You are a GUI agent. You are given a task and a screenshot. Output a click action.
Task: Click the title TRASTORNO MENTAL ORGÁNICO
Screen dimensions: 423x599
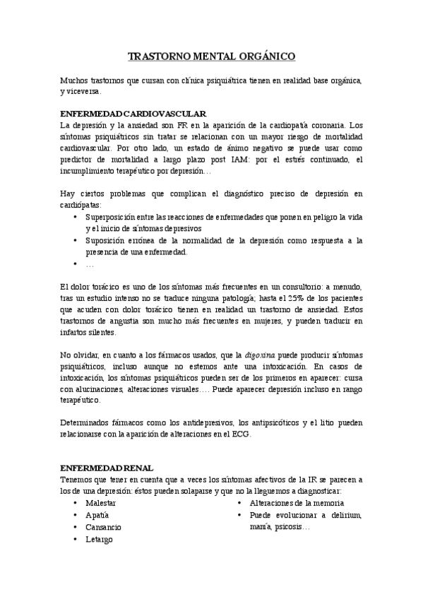pos(211,55)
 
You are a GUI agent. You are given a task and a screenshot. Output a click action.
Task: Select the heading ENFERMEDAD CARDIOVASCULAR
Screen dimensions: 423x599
pos(133,113)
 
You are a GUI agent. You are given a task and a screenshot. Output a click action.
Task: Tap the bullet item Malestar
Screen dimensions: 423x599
pos(101,502)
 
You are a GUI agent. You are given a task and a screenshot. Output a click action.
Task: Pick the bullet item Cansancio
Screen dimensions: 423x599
pos(103,527)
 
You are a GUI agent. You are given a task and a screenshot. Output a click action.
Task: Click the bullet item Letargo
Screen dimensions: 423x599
pos(100,539)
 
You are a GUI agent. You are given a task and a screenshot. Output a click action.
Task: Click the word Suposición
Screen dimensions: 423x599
pos(106,240)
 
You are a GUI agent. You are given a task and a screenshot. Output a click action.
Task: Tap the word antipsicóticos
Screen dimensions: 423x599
pos(268,423)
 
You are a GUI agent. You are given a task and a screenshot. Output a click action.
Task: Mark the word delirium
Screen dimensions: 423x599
pos(345,515)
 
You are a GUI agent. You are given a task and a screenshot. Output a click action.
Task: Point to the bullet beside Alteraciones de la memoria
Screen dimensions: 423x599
pos(239,502)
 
